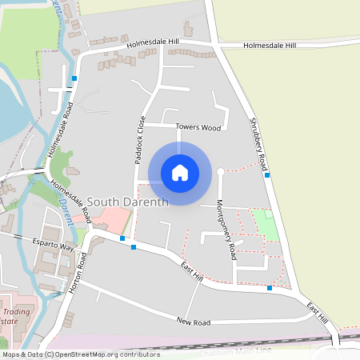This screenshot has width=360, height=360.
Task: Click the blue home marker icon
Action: (180, 172)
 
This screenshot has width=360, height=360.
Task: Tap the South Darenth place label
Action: (127, 202)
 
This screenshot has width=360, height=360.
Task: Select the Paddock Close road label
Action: (140, 140)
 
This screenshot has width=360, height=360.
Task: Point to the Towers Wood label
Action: (198, 127)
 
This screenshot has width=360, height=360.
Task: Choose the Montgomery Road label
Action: (226, 229)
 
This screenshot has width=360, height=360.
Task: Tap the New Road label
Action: (194, 320)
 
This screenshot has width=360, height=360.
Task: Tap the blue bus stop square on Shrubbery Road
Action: (267, 174)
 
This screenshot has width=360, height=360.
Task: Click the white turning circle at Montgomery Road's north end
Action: (220, 171)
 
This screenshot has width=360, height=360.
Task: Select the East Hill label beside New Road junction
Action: (191, 270)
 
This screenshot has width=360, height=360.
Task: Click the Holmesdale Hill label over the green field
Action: (270, 46)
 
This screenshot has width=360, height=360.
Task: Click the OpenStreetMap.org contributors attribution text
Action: (115, 354)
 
